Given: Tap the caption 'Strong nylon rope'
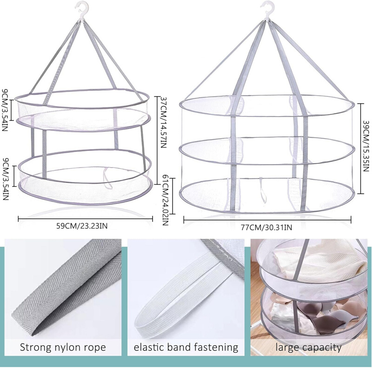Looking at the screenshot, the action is coord(63,347).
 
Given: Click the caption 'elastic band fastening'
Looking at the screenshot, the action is coord(186,347).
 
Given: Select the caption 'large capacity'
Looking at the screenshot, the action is coord(309,347).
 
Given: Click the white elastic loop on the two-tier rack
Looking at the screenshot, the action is coord(109,179).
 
